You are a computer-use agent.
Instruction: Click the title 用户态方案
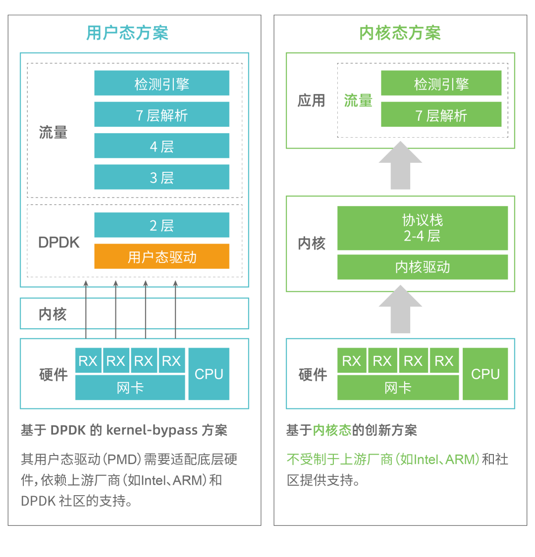pos(127,33)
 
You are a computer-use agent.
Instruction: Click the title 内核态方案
pos(400,33)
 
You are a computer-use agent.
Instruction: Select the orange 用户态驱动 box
pos(162,256)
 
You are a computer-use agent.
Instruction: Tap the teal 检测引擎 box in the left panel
pos(162,83)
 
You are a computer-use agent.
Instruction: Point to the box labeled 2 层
pos(162,225)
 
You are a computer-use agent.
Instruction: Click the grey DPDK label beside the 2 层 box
pos(59,242)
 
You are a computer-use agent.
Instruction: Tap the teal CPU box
pos(209,374)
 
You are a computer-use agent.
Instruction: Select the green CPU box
pos(485,374)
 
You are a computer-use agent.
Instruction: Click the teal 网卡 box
pos(130,388)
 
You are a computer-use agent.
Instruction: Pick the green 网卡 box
pos(398,388)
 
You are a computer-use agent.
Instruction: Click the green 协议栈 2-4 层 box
pos(423,228)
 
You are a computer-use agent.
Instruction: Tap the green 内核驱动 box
pos(423,267)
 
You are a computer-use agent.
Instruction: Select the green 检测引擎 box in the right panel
pos(441,83)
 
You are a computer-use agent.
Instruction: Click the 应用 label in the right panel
pos(311,101)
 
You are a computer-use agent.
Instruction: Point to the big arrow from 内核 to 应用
pos(400,165)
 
